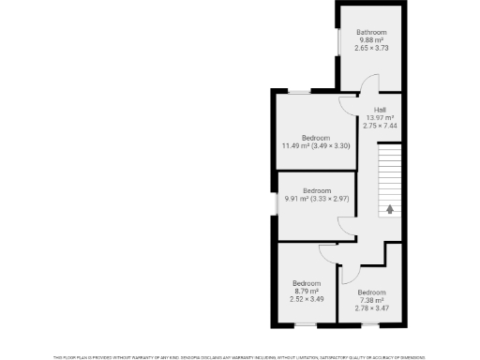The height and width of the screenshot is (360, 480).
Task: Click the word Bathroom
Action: click(370, 33)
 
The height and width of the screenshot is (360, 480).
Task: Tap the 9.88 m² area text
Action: click(370, 40)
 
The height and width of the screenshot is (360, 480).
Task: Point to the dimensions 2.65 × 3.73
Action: click(370, 48)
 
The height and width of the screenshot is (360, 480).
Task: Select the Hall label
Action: click(381, 110)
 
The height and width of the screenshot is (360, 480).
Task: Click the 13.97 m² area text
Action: click(381, 117)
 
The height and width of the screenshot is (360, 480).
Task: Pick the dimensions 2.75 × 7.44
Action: click(381, 125)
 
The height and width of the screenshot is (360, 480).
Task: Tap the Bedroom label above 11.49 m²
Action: click(316, 138)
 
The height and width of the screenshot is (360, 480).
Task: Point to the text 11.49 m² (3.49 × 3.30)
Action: click(316, 145)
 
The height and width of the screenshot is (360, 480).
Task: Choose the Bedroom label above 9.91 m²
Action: click(317, 190)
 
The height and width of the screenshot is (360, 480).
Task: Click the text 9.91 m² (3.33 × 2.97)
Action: click(317, 198)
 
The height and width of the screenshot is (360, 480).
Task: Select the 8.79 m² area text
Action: click(307, 292)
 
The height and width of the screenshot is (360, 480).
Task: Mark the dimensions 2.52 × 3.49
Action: click(307, 299)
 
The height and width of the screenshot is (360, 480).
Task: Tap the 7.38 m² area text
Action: click(371, 299)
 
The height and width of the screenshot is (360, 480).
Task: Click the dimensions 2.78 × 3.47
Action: click(371, 307)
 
